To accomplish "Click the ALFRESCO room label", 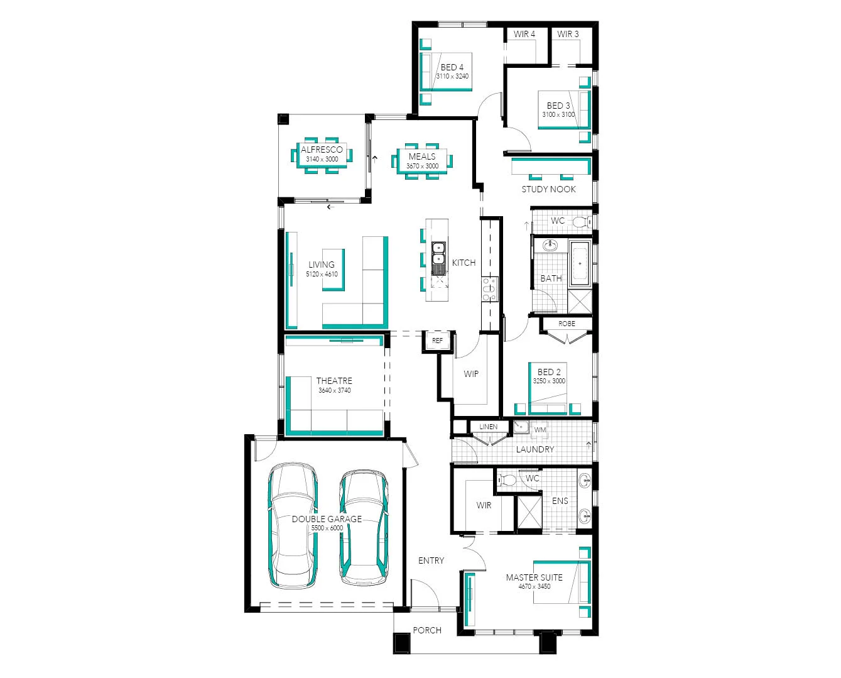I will tap(322, 150).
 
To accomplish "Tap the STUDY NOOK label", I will tap(548, 189).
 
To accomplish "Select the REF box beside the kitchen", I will tap(437, 341).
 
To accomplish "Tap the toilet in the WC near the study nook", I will tap(581, 221).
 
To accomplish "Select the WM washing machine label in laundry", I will tap(540, 430).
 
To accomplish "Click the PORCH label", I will tap(427, 630).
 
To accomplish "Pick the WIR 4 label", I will tap(524, 35).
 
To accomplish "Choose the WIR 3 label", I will tap(568, 35).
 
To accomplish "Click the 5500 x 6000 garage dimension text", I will tap(327, 528).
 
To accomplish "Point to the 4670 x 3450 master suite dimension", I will tap(534, 587).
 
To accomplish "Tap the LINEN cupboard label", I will tap(488, 427).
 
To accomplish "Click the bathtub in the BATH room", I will tap(580, 263).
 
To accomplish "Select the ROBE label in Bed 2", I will tap(567, 324).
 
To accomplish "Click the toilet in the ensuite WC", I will tap(508, 481).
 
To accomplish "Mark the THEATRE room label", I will tap(334, 381).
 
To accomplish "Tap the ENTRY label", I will tap(431, 560).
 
